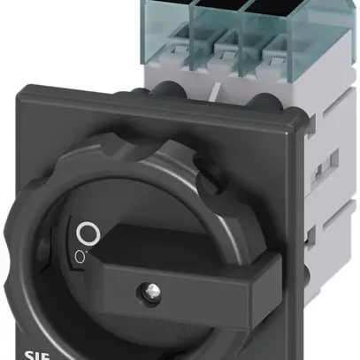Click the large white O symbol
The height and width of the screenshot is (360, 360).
(86, 234)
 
